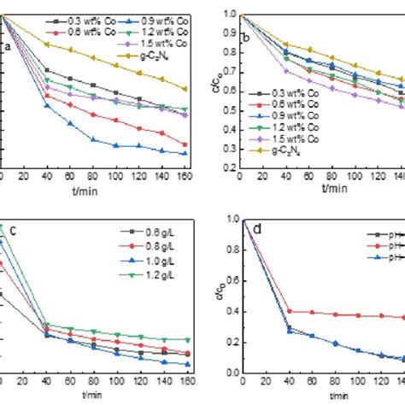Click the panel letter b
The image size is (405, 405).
247,38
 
